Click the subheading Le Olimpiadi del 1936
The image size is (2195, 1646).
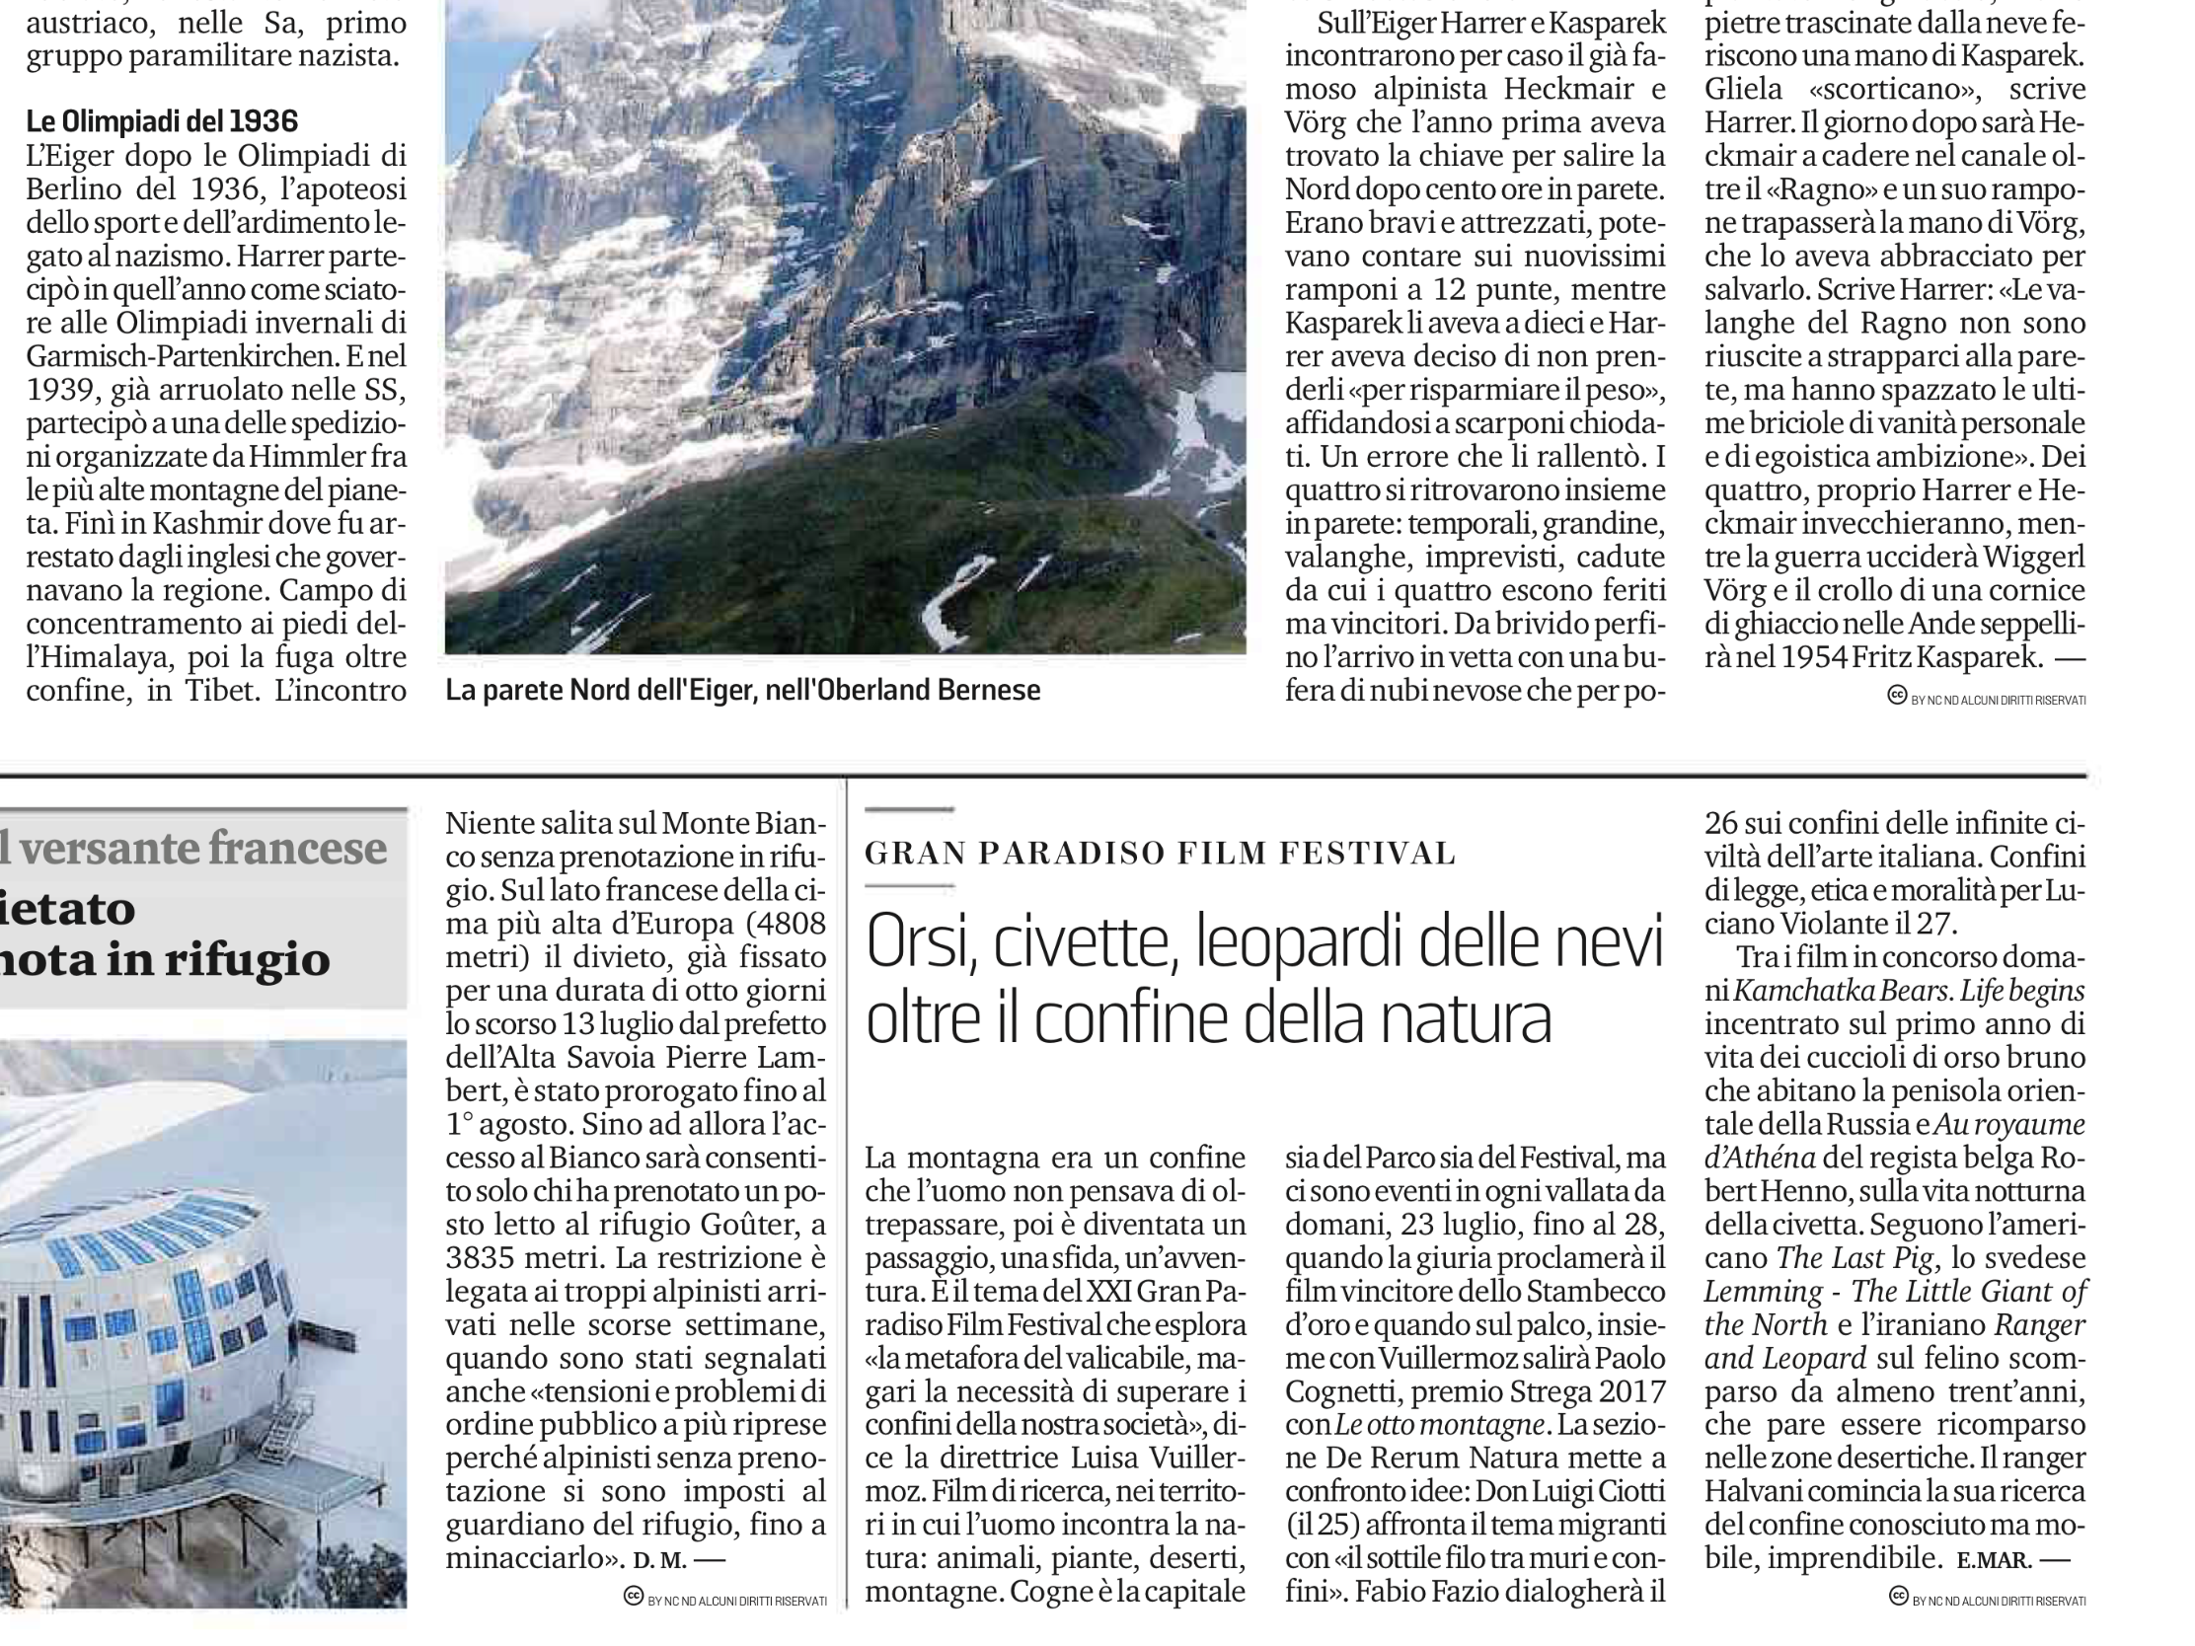[x=162, y=121]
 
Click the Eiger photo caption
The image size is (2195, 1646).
[x=742, y=691]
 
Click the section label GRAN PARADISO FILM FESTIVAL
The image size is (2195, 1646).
[x=1160, y=853]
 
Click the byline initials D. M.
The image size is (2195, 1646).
[x=659, y=1561]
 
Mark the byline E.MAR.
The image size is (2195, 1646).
[x=1993, y=1561]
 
